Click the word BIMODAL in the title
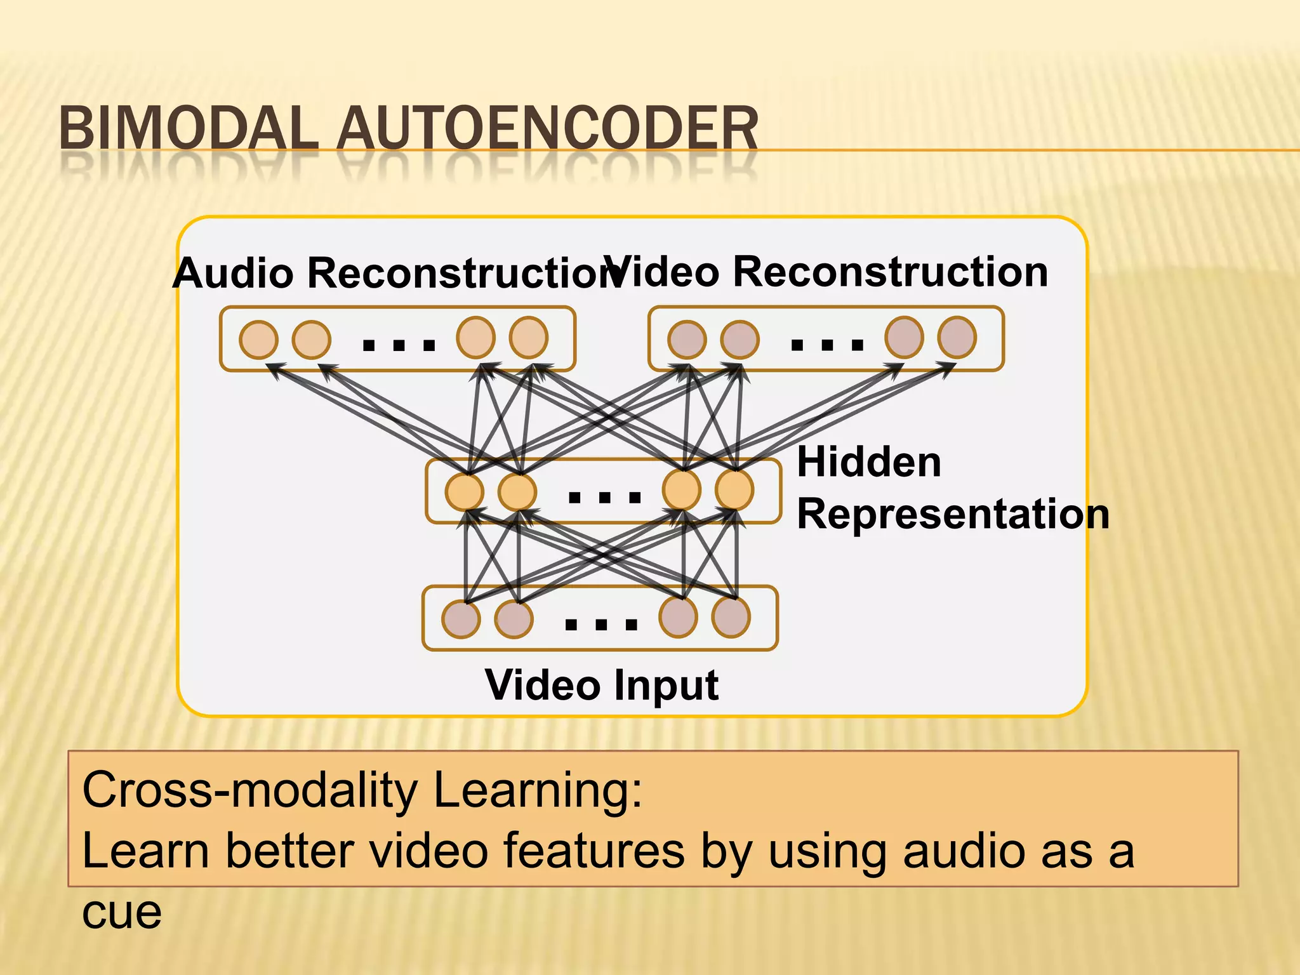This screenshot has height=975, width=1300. (189, 129)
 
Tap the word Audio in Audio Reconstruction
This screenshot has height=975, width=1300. (234, 273)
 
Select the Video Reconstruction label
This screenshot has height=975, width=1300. (825, 272)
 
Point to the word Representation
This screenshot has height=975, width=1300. (952, 514)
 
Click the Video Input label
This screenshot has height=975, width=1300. (601, 686)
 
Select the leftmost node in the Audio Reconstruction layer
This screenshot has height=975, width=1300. (258, 340)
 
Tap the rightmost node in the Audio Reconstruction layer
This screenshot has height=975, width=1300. (529, 338)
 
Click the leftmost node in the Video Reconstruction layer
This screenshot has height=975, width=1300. (687, 340)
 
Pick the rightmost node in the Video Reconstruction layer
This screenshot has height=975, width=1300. (957, 338)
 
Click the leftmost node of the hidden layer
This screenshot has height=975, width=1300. (465, 492)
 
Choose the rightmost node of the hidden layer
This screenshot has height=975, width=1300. (734, 490)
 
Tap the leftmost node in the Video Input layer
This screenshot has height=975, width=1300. (461, 619)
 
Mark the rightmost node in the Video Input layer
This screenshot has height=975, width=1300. (731, 617)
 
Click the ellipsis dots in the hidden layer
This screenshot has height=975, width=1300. (604, 497)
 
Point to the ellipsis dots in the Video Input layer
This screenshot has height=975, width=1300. (600, 625)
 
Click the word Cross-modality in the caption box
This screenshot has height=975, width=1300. (249, 790)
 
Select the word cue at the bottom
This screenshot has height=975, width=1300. (122, 912)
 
